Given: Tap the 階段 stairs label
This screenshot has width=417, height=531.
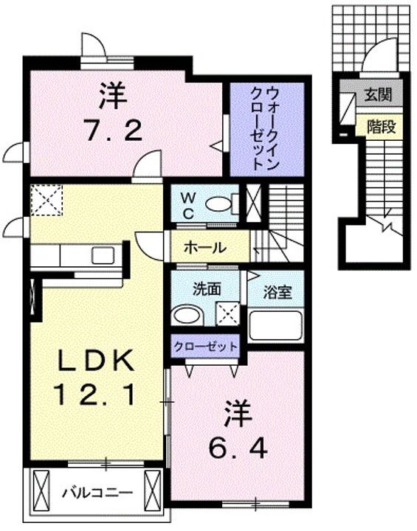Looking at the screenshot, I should (381, 127).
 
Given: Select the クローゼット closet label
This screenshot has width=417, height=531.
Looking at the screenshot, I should (207, 345).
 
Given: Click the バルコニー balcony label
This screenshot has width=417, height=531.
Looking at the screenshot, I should (96, 490).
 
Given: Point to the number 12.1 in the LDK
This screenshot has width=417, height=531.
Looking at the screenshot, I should (94, 397).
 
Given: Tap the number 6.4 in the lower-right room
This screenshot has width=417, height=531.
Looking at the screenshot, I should (237, 446).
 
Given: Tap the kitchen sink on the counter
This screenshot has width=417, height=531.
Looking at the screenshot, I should (103, 255).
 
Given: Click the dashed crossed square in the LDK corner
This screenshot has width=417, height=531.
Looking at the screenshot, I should (46, 200).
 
